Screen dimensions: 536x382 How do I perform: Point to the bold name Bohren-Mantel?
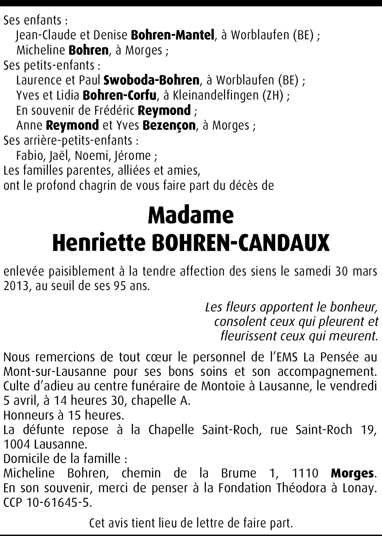pyautogui.click(x=173, y=35)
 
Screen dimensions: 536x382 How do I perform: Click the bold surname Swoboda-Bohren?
pyautogui.click(x=151, y=80)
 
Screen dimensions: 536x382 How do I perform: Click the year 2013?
pyautogui.click(x=15, y=286)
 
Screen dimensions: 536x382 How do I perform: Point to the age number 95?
pyautogui.click(x=117, y=286)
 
